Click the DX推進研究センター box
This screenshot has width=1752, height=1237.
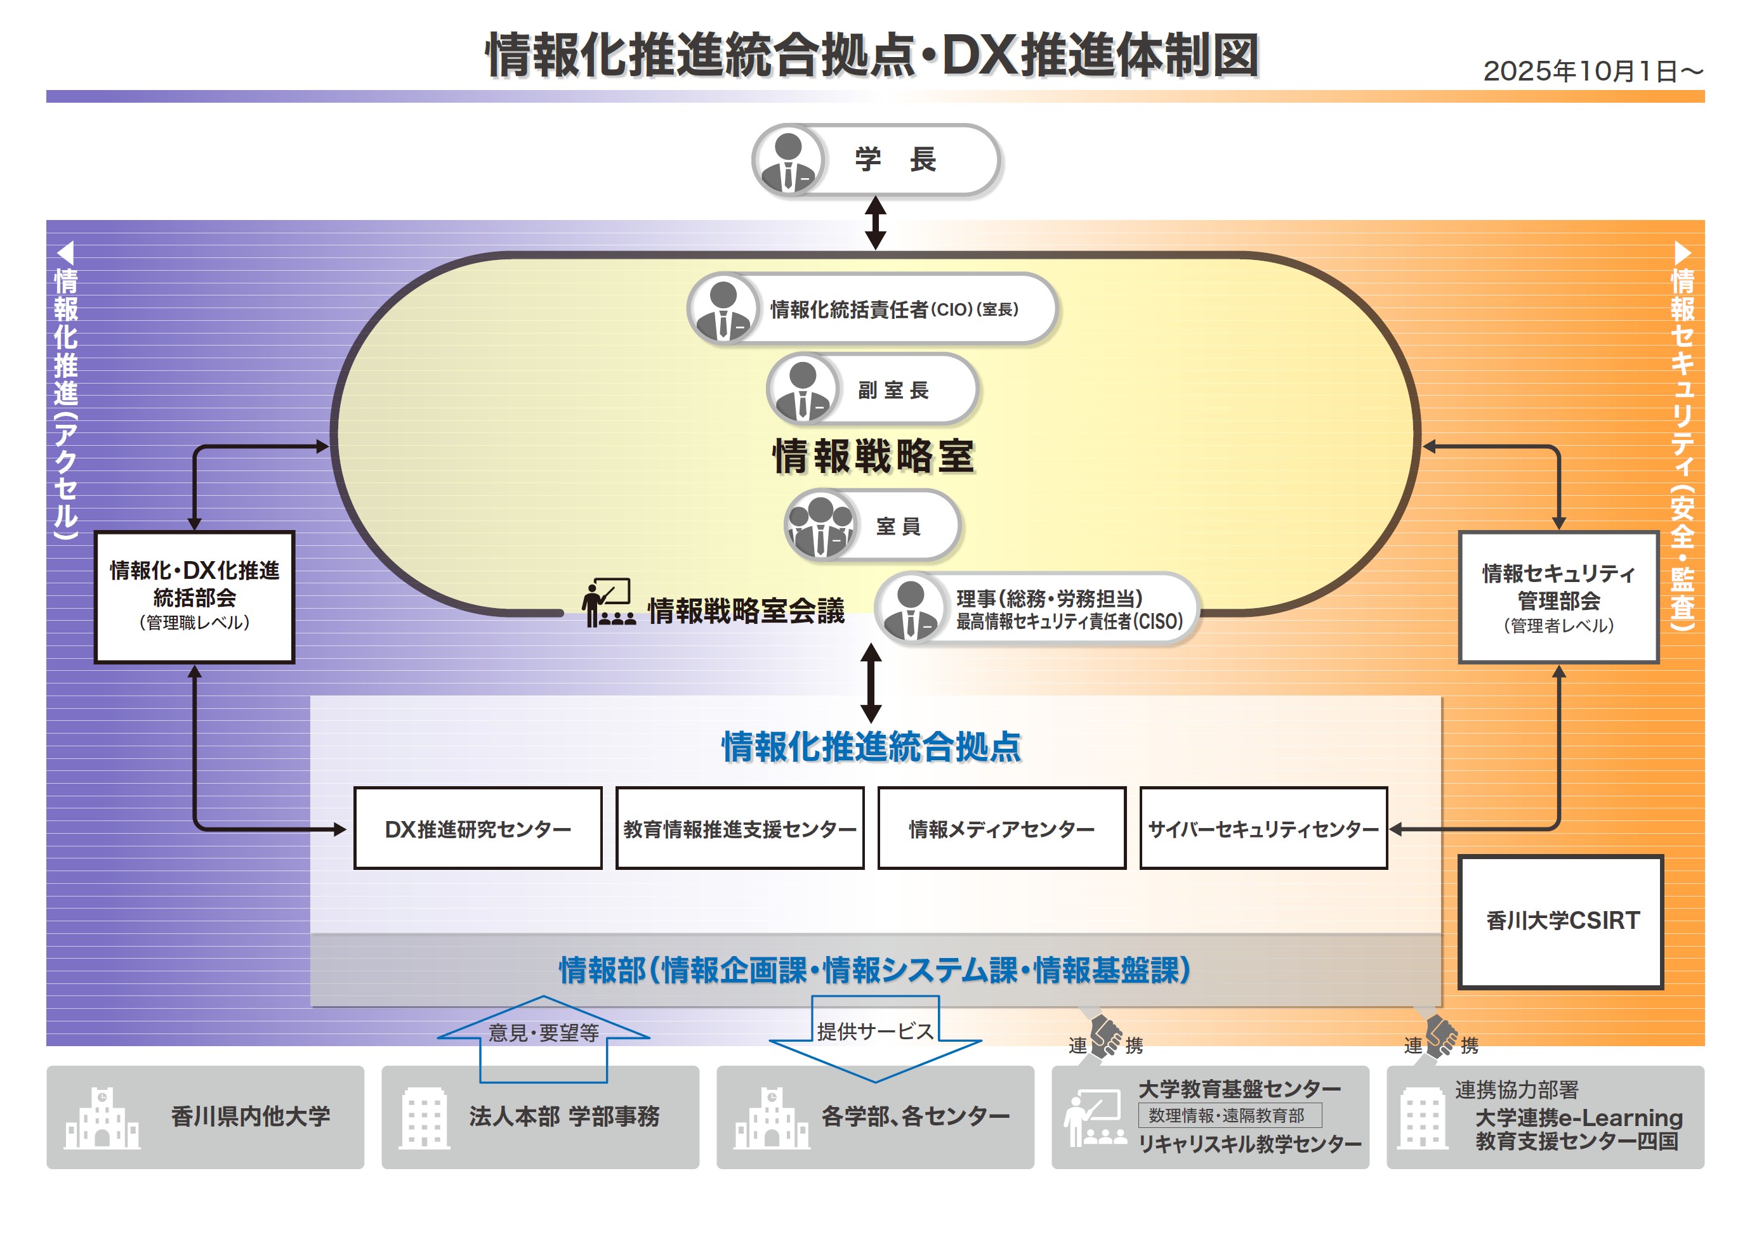[478, 828]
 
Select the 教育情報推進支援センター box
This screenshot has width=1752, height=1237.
[739, 828]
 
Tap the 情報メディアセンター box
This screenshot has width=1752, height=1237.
[1001, 828]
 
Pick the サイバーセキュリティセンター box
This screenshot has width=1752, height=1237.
[1263, 828]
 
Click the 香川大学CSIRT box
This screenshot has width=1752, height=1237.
[1560, 921]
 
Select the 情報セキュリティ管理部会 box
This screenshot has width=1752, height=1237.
[1558, 597]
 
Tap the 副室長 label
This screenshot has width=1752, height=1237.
[893, 391]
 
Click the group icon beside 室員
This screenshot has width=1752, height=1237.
[820, 526]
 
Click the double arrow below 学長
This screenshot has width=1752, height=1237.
[875, 223]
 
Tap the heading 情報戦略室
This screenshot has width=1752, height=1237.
[874, 456]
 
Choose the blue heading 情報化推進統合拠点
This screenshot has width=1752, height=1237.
[871, 746]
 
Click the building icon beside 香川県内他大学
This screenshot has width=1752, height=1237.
[102, 1118]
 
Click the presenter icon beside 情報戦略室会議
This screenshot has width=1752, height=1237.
[607, 603]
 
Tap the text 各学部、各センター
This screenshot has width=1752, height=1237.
[915, 1117]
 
